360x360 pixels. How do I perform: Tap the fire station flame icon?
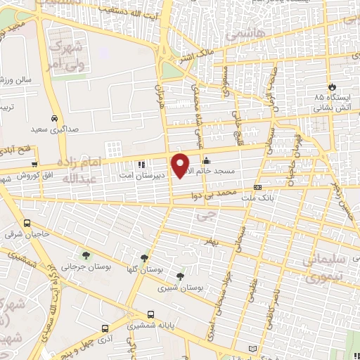tap(320, 86)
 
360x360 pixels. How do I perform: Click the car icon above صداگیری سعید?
tap(54, 118)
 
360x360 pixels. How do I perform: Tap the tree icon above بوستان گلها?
tap(144, 258)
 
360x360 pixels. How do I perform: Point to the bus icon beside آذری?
tap(105, 328)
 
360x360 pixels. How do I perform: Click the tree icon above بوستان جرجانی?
tap(86, 256)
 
